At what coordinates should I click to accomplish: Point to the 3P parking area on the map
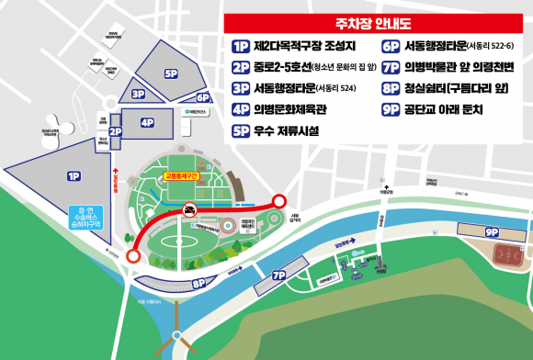(138, 94)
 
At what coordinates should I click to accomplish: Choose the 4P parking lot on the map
(147, 121)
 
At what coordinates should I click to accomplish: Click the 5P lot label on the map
(170, 73)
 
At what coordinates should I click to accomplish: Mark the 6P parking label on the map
(203, 96)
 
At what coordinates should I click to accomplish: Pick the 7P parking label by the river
(279, 275)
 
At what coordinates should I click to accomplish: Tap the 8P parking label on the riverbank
(198, 283)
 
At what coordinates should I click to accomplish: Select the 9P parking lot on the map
(492, 232)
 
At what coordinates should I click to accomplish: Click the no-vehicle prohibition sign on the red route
(188, 210)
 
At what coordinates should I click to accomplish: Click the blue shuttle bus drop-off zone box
(89, 218)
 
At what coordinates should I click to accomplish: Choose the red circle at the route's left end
(133, 258)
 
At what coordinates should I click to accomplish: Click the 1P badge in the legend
(242, 45)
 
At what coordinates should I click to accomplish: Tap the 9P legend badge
(390, 109)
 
